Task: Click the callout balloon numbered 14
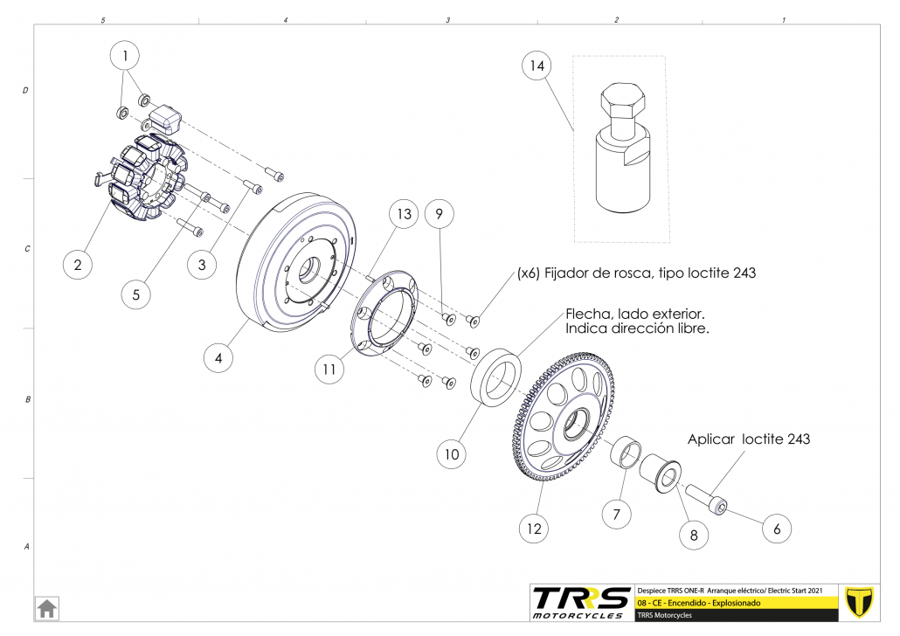pyautogui.click(x=537, y=66)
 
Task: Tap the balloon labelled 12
pyautogui.click(x=535, y=528)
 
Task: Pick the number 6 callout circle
pyautogui.click(x=777, y=528)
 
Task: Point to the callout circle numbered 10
pyautogui.click(x=452, y=454)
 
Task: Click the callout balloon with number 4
pyautogui.click(x=218, y=357)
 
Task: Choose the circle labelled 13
pyautogui.click(x=403, y=215)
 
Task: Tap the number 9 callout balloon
pyautogui.click(x=440, y=213)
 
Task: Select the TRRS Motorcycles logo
pyautogui.click(x=581, y=602)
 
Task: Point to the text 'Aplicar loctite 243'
pyautogui.click(x=748, y=439)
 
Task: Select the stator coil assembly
pyautogui.click(x=144, y=179)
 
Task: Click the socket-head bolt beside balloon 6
pyautogui.click(x=707, y=499)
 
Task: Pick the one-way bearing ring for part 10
pyautogui.click(x=495, y=376)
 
